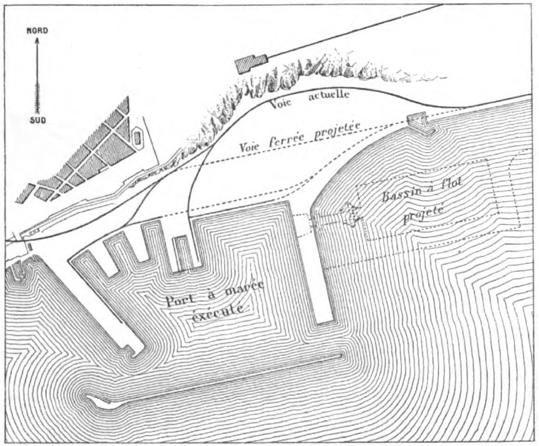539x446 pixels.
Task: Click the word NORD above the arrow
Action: pos(37,31)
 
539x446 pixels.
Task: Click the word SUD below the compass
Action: pos(37,121)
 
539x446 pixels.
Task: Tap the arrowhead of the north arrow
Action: pos(37,41)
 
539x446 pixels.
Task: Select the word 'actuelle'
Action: pos(329,95)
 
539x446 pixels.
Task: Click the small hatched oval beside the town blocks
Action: pos(137,138)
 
